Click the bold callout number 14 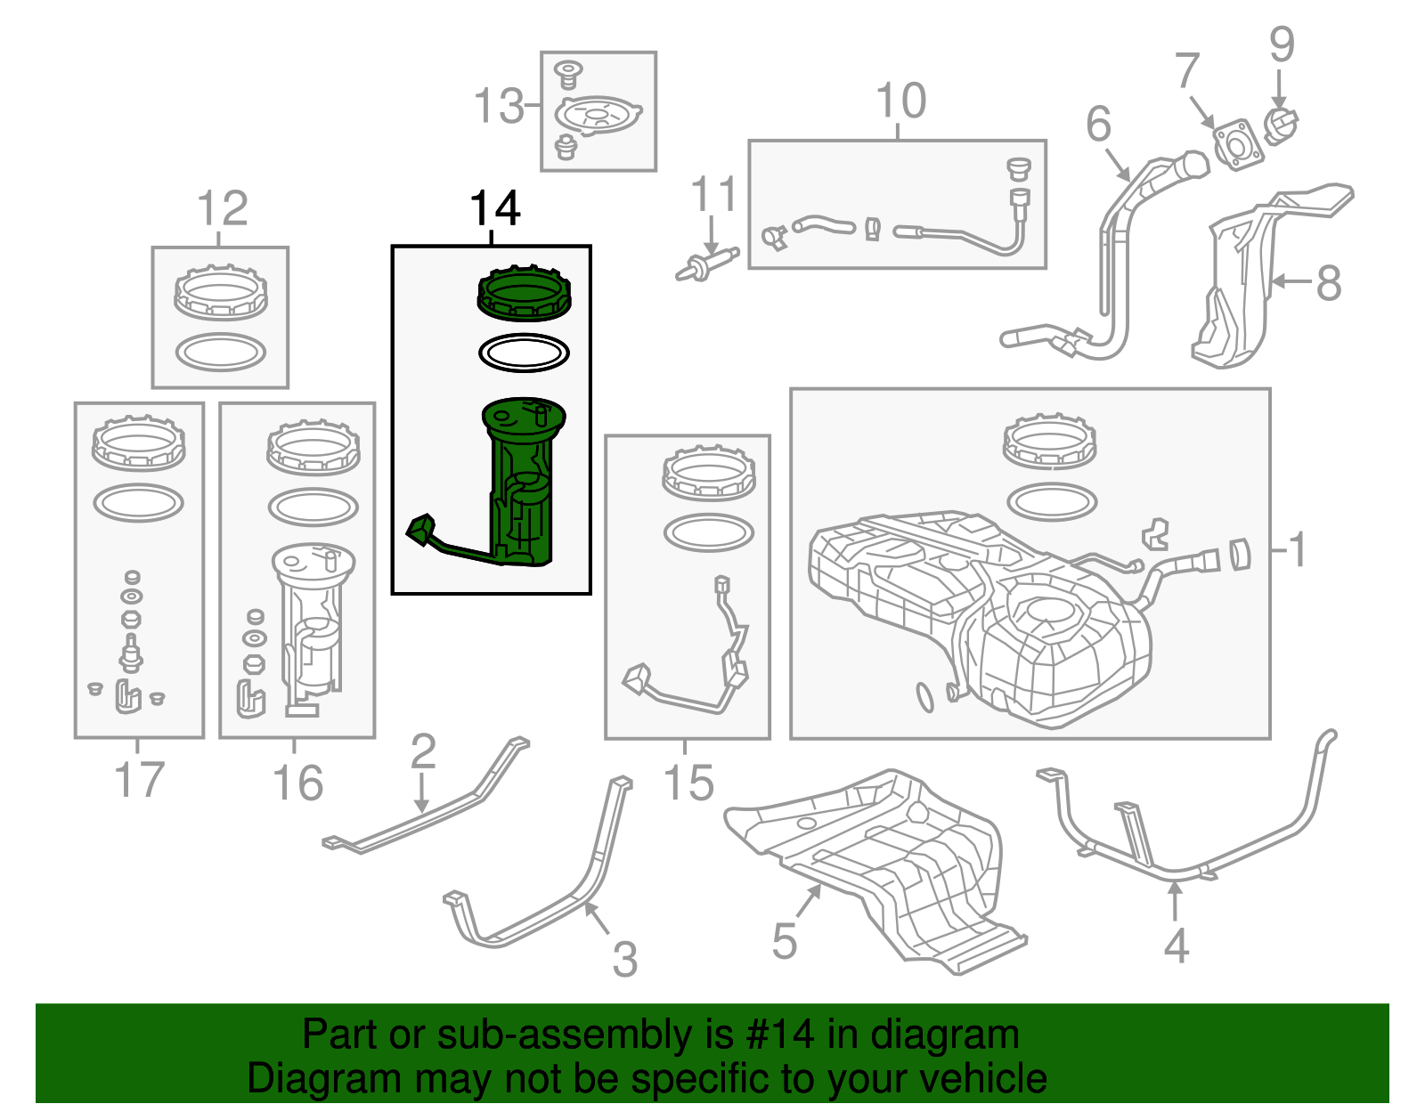click(494, 210)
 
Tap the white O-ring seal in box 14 click(524, 353)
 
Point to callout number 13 click(499, 107)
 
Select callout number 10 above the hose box click(900, 101)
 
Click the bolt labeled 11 click(706, 264)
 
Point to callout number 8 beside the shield click(1328, 283)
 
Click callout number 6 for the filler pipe click(1098, 124)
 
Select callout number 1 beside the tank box click(1298, 549)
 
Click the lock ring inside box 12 click(220, 291)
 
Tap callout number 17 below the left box click(140, 780)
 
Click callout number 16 click(297, 783)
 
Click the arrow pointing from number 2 click(422, 791)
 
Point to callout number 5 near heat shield click(784, 941)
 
